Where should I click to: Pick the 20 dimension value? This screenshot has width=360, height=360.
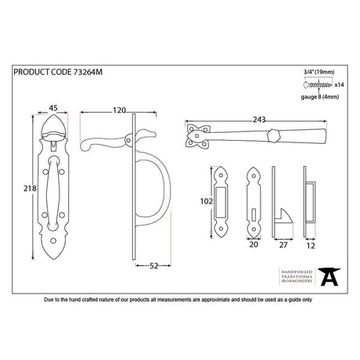pos(254,243)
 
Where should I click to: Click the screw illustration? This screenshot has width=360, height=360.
pos(317,82)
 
